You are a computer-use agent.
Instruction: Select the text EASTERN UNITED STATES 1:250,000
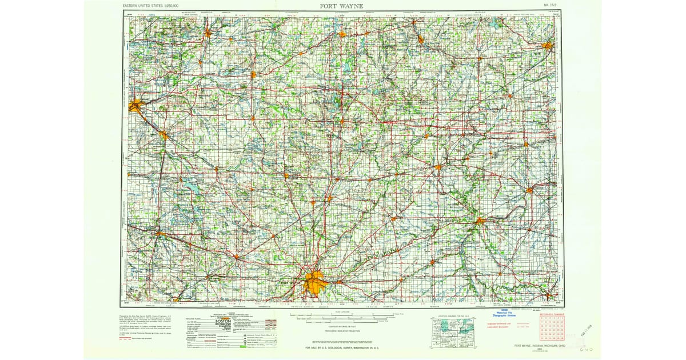coord(150,6)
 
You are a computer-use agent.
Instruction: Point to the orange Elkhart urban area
coord(136,105)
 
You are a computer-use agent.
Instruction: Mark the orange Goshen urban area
coord(163,135)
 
